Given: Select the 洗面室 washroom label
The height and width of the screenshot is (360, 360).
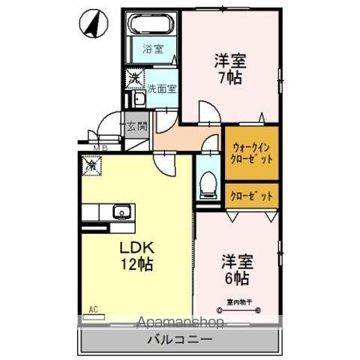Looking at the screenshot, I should pyautogui.click(x=161, y=88).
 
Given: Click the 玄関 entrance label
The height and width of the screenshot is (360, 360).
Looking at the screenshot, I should pyautogui.click(x=136, y=127).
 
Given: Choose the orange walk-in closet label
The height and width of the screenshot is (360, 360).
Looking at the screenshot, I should pyautogui.click(x=252, y=154).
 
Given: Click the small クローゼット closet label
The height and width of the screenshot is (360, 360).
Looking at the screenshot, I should pyautogui.click(x=252, y=195).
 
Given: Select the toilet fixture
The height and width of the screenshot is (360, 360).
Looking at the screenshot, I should pyautogui.click(x=209, y=182).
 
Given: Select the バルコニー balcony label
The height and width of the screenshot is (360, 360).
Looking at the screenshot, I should pyautogui.click(x=179, y=341).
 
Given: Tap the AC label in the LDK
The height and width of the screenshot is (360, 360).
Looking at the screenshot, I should pyautogui.click(x=93, y=308).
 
